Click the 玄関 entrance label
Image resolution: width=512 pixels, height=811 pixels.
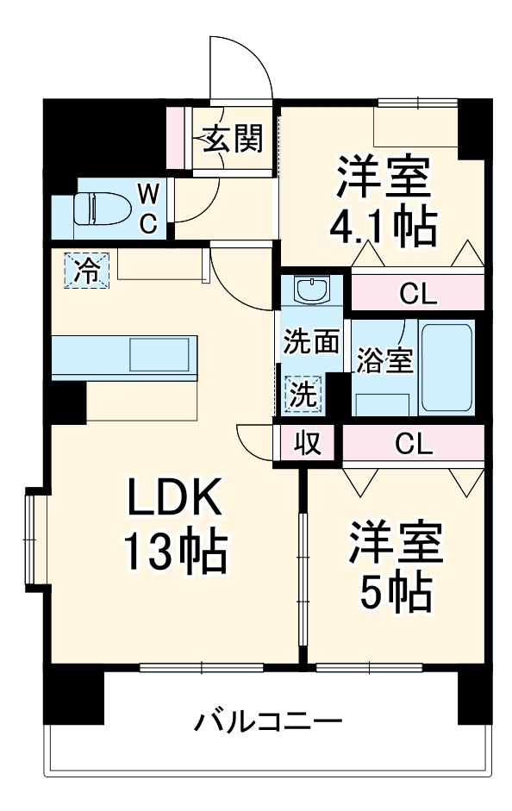coord(232,138)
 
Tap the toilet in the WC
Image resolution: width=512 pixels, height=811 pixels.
coord(95,208)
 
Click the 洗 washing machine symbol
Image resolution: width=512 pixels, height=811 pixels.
coord(303,395)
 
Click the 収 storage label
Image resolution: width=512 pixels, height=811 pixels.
coord(308,444)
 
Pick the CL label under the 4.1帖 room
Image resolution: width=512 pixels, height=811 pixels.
coord(418,295)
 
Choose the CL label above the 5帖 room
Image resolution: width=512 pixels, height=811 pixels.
coord(413,444)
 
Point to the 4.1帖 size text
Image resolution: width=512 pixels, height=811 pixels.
coord(384,226)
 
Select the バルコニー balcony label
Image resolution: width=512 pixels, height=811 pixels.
coord(267,721)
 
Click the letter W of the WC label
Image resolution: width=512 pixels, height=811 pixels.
coord(148,190)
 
